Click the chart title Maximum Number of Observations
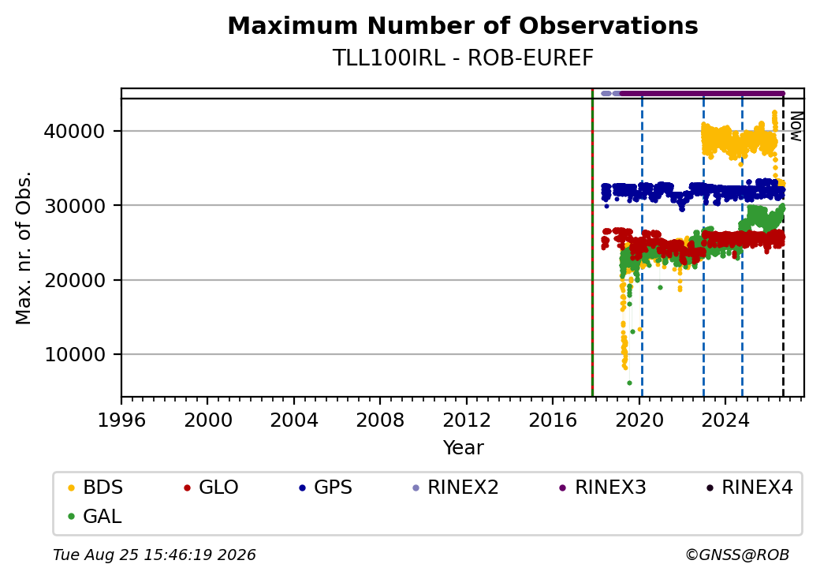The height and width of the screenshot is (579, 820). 463,25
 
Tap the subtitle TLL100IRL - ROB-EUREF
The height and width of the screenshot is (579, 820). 463,58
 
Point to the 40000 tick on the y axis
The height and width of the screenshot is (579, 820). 75,131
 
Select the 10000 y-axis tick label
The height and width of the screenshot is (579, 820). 75,355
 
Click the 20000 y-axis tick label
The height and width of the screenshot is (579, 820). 75,280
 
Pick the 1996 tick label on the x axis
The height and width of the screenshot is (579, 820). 121,420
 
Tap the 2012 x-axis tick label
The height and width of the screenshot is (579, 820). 467,420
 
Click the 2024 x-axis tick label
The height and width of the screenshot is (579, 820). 725,420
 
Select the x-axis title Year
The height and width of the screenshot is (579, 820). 464,448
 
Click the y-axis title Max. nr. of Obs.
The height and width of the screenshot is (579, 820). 24,248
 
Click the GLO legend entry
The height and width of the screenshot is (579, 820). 211,487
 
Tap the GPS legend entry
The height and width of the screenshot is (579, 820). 326,487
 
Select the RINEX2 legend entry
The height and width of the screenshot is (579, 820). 456,487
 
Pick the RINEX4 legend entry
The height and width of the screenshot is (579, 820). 749,487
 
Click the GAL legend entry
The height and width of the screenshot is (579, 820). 95,516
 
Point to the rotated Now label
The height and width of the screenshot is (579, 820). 796,126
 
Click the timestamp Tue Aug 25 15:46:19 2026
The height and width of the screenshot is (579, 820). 155,555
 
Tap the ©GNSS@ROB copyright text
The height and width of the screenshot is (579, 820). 737,555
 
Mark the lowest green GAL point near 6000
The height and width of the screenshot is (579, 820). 629,383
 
